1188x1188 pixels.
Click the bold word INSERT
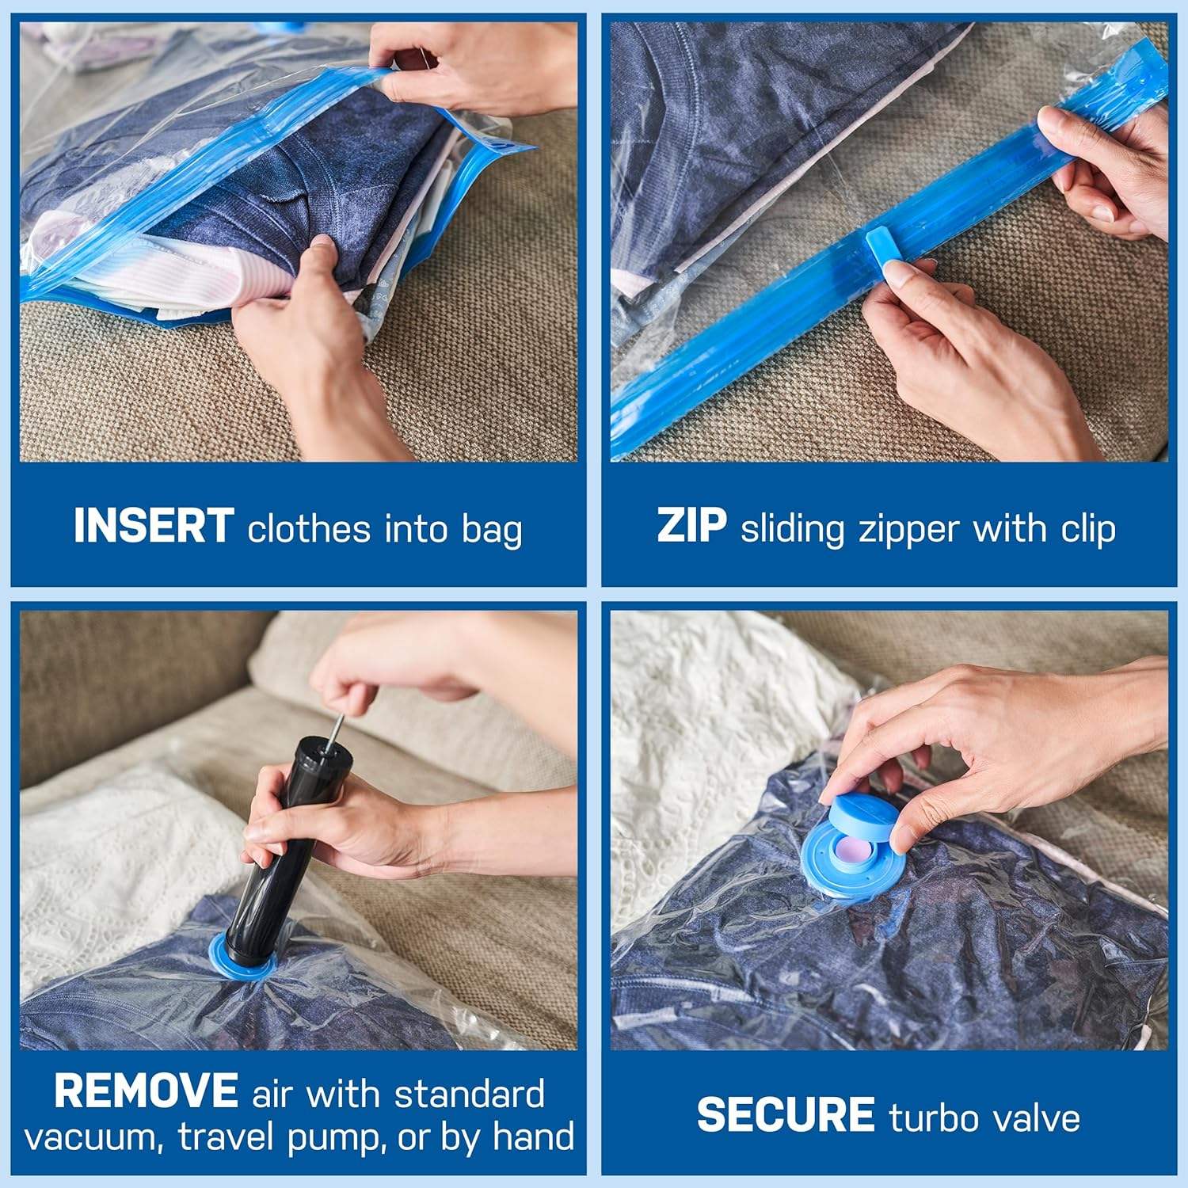[x=153, y=527]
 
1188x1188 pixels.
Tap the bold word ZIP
[x=691, y=527]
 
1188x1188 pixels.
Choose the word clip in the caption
[x=1089, y=529]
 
